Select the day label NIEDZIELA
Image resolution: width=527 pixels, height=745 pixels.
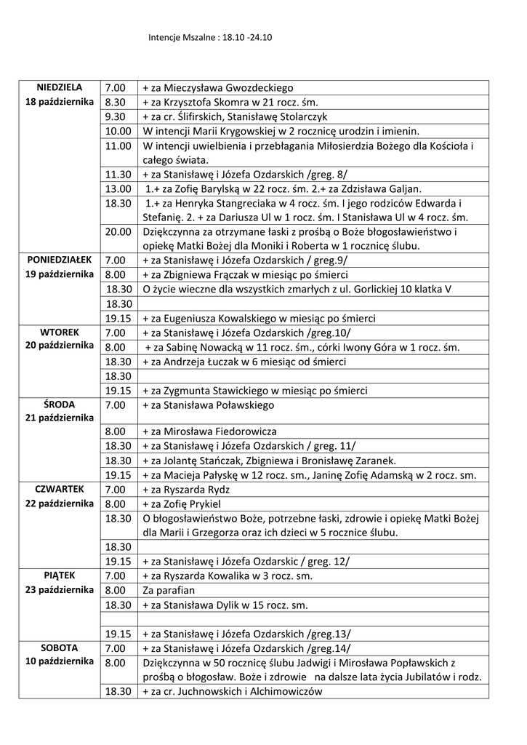[x=60, y=87]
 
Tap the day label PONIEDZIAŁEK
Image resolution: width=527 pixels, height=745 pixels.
[x=60, y=260]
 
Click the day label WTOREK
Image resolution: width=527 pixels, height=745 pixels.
[x=60, y=332]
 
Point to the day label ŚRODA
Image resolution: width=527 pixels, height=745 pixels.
[x=60, y=404]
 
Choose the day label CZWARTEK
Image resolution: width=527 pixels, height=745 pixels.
[x=60, y=489]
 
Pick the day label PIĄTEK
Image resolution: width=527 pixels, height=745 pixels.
[x=60, y=575]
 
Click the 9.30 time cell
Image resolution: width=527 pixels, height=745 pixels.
[x=116, y=116]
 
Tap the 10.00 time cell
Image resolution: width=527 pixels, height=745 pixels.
[x=117, y=131]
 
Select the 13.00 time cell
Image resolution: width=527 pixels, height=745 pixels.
[x=117, y=188]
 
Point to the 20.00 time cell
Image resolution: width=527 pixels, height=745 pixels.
[x=117, y=232]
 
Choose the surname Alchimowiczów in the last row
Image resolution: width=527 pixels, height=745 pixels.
[x=283, y=692]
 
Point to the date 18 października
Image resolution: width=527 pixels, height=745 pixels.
[x=60, y=102]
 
